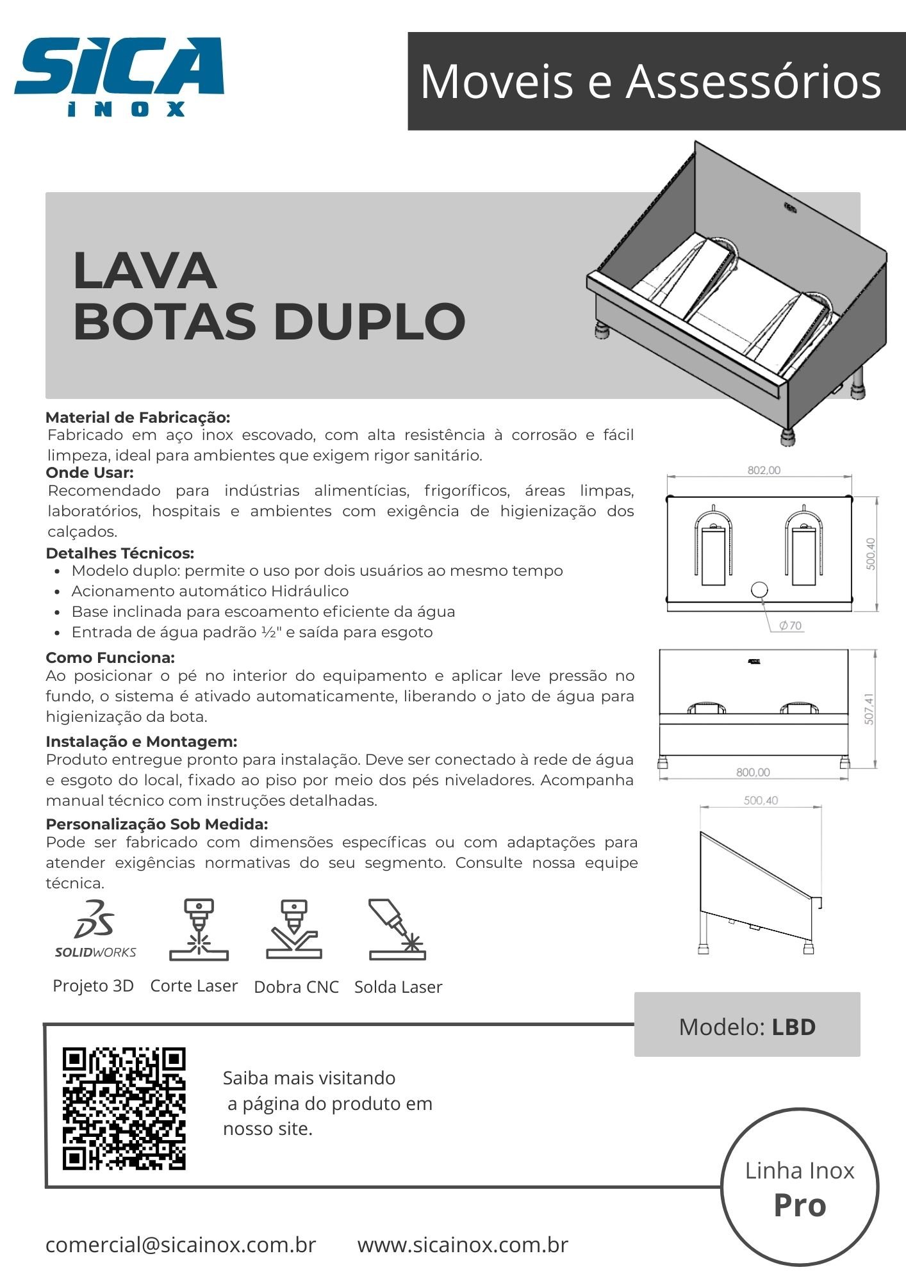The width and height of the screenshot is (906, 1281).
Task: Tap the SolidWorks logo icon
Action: pos(95,928)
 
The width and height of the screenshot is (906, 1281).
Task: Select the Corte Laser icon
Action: pos(199,929)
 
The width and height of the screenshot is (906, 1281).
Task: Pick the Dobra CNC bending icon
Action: pos(294,929)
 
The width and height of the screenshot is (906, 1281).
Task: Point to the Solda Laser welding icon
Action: pos(397,929)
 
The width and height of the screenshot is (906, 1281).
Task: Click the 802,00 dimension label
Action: pos(764,470)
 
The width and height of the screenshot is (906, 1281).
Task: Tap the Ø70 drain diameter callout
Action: pos(790,626)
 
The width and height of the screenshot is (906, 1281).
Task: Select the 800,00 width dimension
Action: pos(753,772)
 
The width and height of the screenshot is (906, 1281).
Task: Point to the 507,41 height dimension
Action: pos(869,709)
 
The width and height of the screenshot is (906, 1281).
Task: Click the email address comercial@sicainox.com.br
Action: pos(181,1244)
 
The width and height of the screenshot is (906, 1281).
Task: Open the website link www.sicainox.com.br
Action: pos(463,1244)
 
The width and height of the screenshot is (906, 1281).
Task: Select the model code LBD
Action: pos(793,1027)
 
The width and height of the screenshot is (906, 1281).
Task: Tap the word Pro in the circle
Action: pos(800,1205)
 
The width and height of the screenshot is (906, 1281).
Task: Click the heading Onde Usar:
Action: pos(90,473)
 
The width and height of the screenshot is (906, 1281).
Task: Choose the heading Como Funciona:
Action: pos(110,658)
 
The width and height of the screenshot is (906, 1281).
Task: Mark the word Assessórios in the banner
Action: pos(754,82)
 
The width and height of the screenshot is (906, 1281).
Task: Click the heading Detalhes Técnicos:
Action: pos(120,553)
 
